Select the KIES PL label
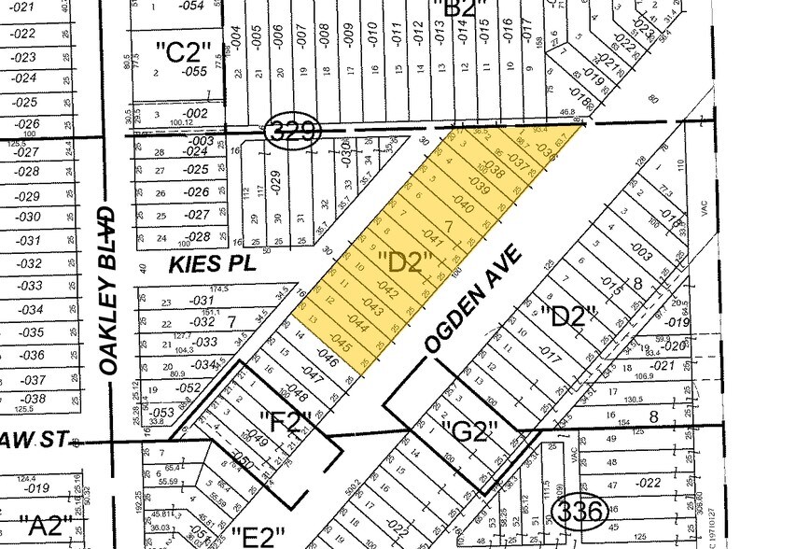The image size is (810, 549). pos(212,265)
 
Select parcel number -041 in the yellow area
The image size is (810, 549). pos(430,236)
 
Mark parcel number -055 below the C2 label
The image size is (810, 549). pos(194,71)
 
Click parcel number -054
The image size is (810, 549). pos(190,6)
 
